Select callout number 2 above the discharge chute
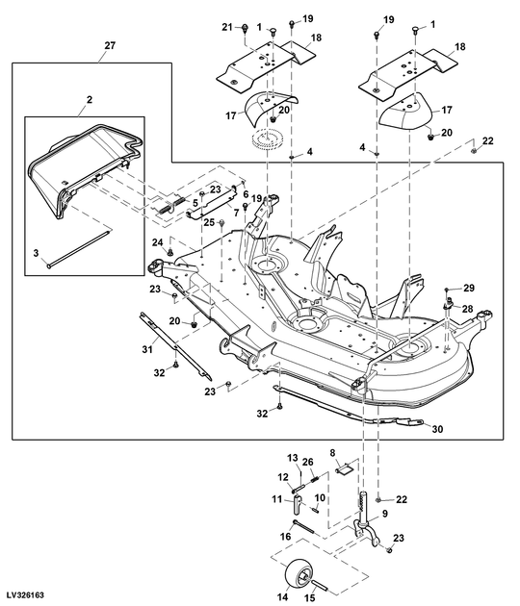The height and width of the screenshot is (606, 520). tap(89, 99)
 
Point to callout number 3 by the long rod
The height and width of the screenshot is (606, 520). tap(36, 253)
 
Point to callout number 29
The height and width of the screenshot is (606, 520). tap(470, 289)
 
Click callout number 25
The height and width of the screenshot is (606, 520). tap(208, 222)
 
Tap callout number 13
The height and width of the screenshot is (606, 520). tap(293, 457)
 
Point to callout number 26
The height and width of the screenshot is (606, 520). tap(308, 462)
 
